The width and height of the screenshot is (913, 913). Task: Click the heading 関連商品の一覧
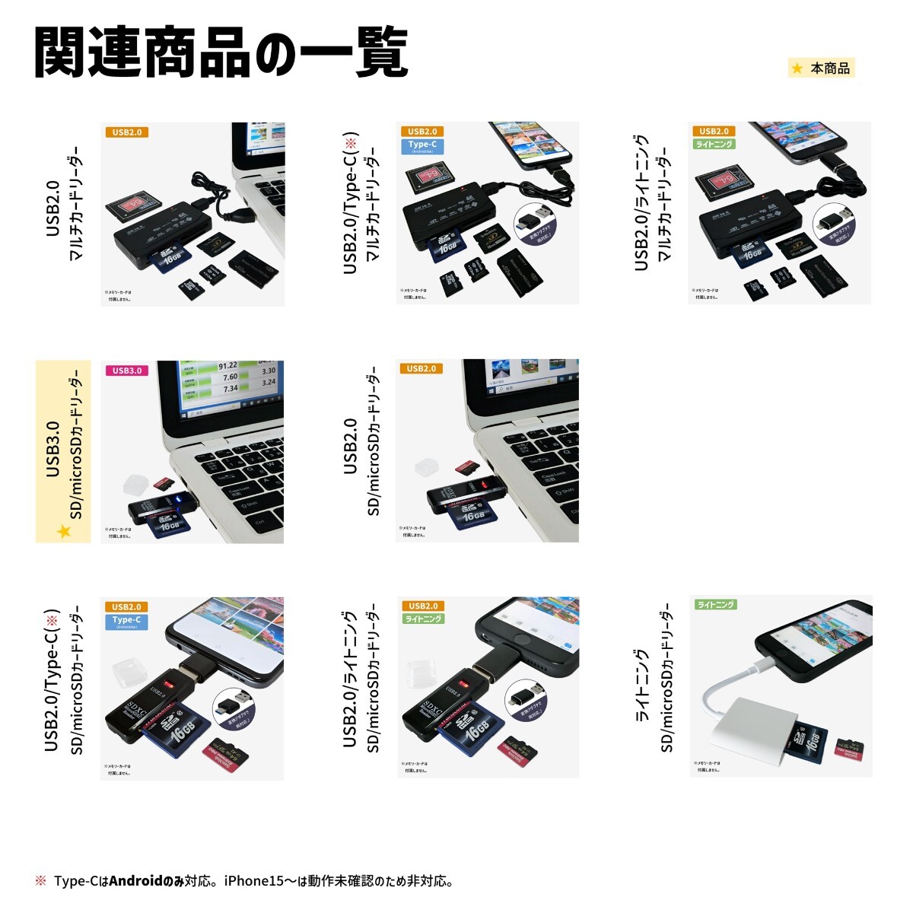pyautogui.click(x=221, y=53)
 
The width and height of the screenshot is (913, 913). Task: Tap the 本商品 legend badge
pyautogui.click(x=822, y=68)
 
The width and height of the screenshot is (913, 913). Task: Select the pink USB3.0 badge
pyautogui.click(x=126, y=371)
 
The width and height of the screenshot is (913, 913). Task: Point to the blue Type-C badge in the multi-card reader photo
pyautogui.click(x=422, y=146)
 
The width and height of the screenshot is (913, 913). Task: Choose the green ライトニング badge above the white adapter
pyautogui.click(x=716, y=605)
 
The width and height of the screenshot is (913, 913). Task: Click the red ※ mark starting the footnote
pyautogui.click(x=40, y=881)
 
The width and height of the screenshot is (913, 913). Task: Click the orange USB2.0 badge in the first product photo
pyautogui.click(x=126, y=132)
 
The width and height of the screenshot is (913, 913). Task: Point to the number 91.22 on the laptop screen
pyautogui.click(x=227, y=366)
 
